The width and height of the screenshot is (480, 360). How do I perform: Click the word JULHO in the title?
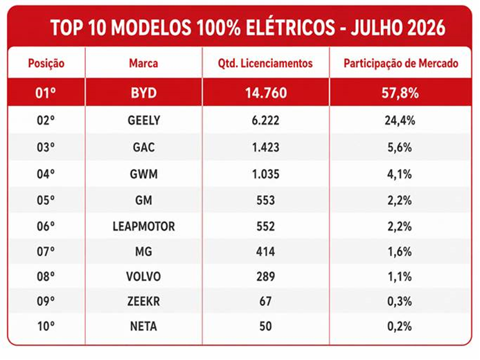[375, 28]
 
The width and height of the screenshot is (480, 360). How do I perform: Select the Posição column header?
[46, 64]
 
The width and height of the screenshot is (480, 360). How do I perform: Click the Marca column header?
[143, 63]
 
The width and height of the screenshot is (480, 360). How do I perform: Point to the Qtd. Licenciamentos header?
[265, 63]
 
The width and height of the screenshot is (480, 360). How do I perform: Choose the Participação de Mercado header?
[401, 64]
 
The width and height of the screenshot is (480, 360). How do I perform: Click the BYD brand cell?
[143, 93]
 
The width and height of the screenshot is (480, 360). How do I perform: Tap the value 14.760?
[266, 93]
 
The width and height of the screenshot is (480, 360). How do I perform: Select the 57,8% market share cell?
[400, 93]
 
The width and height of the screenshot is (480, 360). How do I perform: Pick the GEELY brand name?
[143, 120]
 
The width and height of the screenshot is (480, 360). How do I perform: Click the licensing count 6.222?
[265, 120]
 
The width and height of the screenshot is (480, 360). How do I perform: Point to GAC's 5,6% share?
[400, 147]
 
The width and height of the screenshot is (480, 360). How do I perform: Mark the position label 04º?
[46, 174]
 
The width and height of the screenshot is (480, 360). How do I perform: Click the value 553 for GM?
[265, 200]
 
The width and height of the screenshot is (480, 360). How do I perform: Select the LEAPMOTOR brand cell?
[143, 226]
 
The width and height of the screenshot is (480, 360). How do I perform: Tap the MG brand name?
[143, 252]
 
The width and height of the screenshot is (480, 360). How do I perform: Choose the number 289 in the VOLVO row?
[265, 276]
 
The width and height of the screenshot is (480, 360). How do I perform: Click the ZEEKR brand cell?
[143, 301]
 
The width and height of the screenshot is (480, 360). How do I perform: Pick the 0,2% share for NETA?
[400, 326]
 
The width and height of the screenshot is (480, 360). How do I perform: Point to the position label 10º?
[46, 326]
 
